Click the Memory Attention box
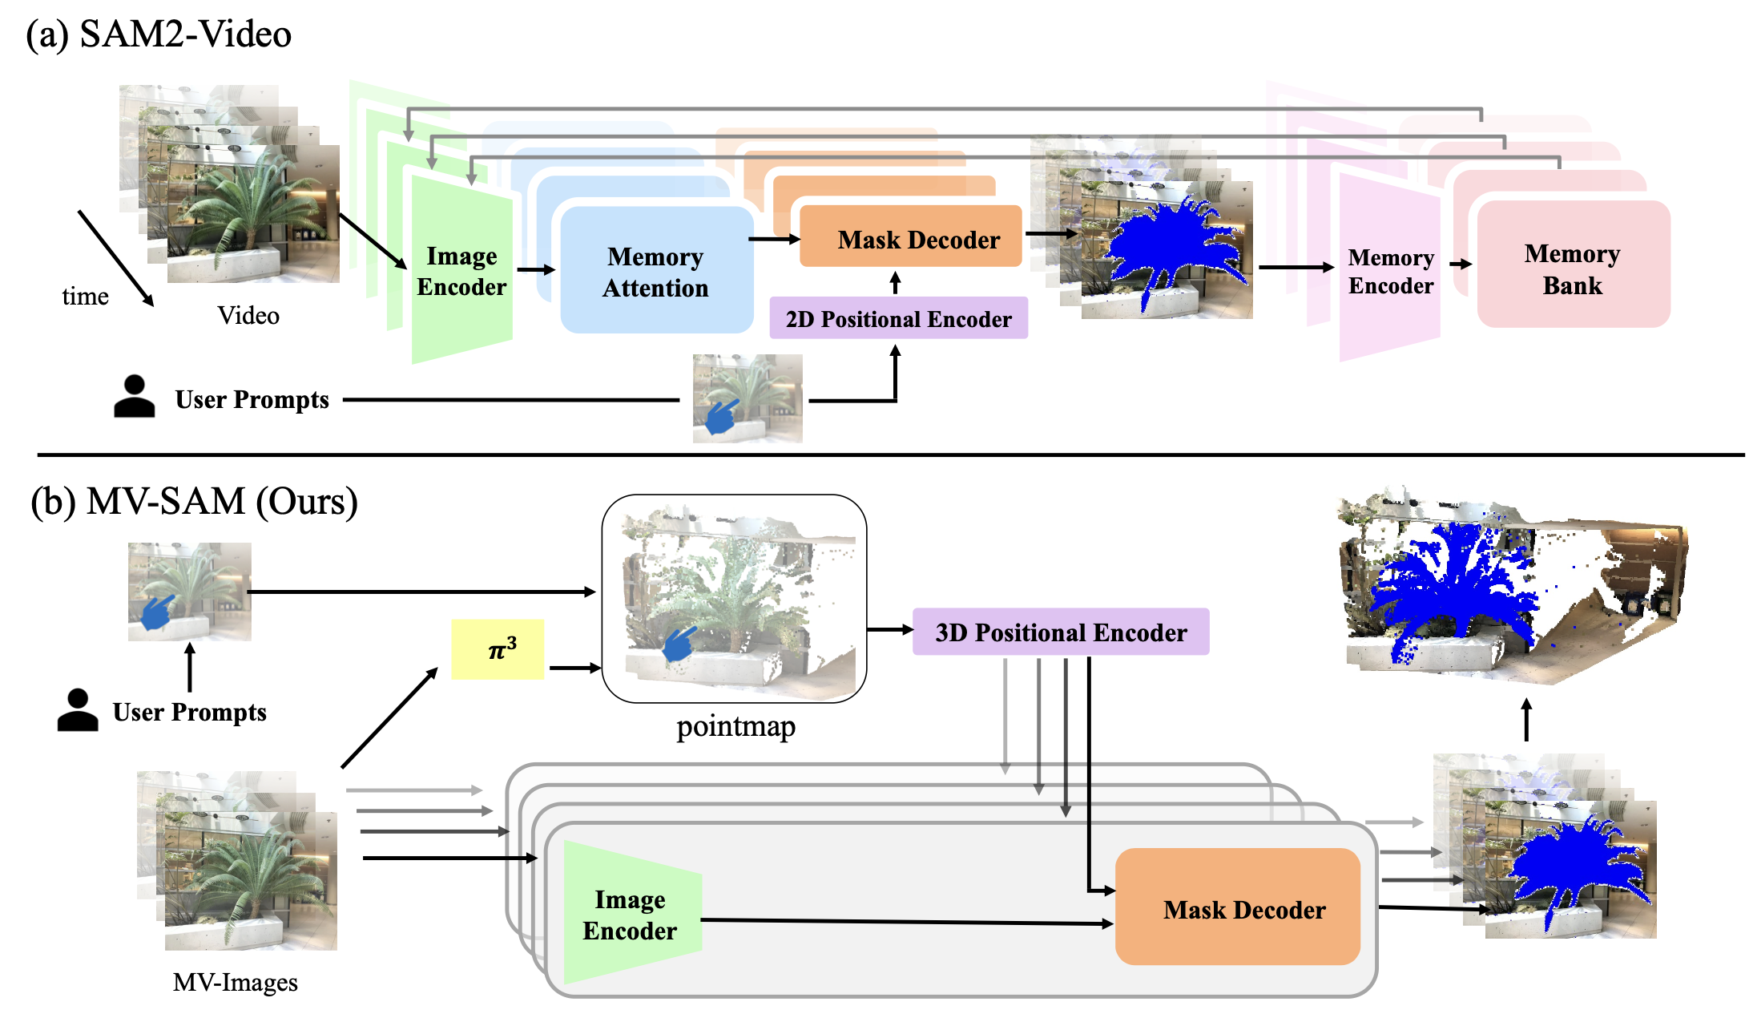click(x=656, y=271)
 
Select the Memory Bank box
click(x=1572, y=269)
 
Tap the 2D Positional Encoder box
click(x=898, y=319)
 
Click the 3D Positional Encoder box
click(x=1061, y=632)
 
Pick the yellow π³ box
click(x=498, y=649)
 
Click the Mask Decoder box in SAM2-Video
click(x=911, y=238)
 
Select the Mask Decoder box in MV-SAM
click(x=1237, y=908)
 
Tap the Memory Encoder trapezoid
click(x=1390, y=271)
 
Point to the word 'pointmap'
click(x=735, y=727)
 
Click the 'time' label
click(x=85, y=297)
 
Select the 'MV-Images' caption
click(x=235, y=983)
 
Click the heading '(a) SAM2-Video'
click(x=159, y=34)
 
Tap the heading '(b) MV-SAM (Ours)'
click(x=194, y=502)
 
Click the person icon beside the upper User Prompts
click(x=134, y=397)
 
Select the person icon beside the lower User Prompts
click(x=78, y=710)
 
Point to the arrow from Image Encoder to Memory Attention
click(x=536, y=270)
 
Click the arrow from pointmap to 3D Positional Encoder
click(x=889, y=630)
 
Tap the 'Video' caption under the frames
click(x=248, y=316)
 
